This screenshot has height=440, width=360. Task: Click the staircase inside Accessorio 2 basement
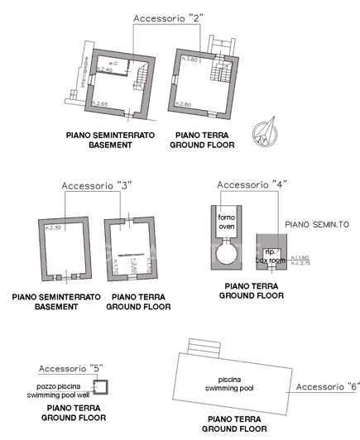point(139,79)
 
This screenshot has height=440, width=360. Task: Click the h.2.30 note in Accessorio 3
point(55,227)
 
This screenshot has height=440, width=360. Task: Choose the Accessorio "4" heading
point(245,184)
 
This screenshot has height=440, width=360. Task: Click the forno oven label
point(226,221)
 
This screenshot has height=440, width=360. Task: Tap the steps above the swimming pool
point(204,345)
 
